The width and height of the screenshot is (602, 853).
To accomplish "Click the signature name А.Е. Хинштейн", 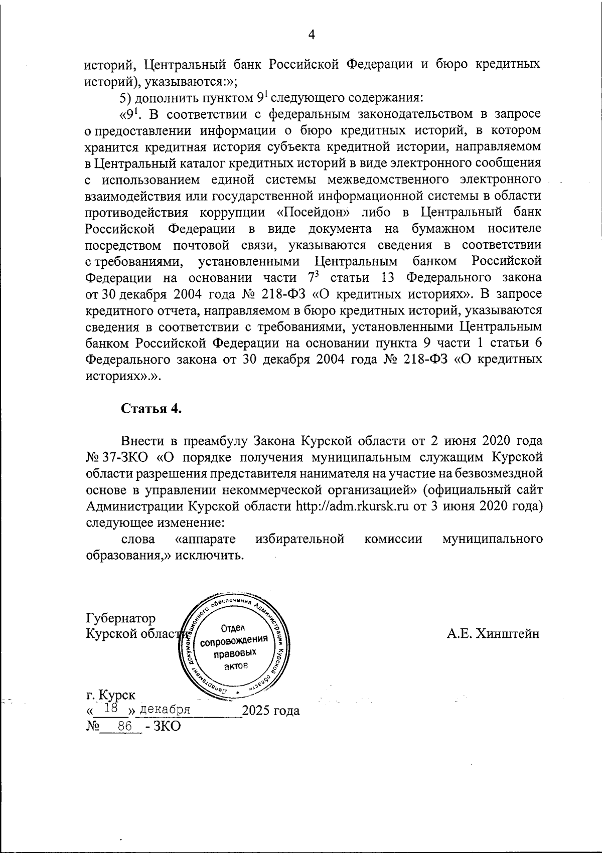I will click(x=493, y=634).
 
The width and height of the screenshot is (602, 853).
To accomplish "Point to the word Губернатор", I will click(x=121, y=618).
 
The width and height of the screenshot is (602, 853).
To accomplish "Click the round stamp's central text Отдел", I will click(x=232, y=627).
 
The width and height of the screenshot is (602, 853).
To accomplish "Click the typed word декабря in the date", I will click(x=165, y=710).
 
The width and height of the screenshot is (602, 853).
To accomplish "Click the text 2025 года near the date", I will click(x=271, y=711).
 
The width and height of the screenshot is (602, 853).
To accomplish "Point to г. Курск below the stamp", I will click(x=110, y=695).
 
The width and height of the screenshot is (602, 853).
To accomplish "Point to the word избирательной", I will click(x=299, y=539).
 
